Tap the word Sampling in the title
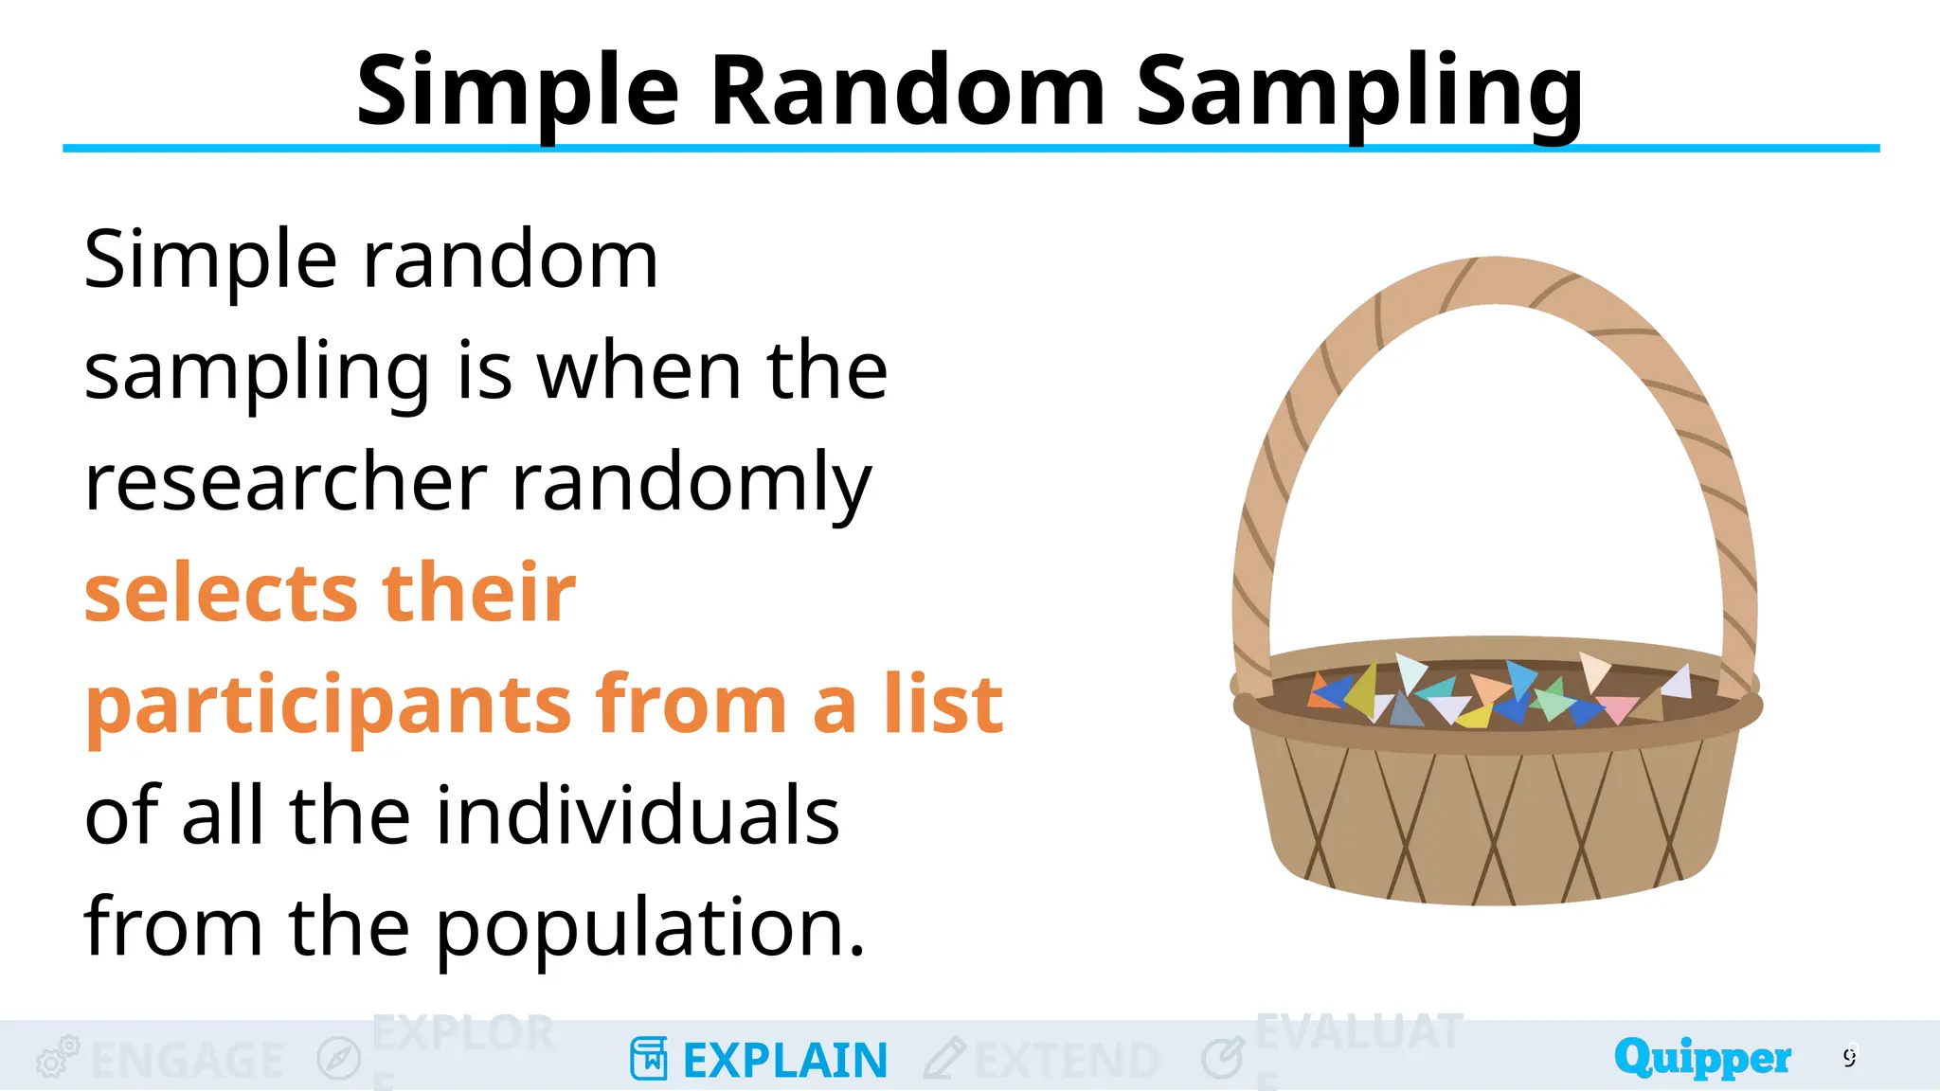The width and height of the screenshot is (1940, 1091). (x=1358, y=93)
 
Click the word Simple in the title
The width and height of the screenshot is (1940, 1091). (x=517, y=93)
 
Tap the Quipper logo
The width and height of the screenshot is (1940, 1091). (x=1702, y=1057)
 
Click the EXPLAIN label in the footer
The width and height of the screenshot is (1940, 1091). (x=785, y=1061)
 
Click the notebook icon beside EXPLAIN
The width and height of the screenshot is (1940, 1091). (x=649, y=1059)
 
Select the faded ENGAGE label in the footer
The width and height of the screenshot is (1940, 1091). (x=188, y=1061)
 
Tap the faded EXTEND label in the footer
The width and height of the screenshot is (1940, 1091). (x=1067, y=1061)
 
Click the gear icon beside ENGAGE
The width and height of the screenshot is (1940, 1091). (x=57, y=1057)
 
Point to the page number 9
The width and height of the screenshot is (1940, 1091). (x=1850, y=1057)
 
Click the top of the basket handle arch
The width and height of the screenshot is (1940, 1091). (x=1495, y=280)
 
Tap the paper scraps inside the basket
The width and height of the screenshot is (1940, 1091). (x=1497, y=696)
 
